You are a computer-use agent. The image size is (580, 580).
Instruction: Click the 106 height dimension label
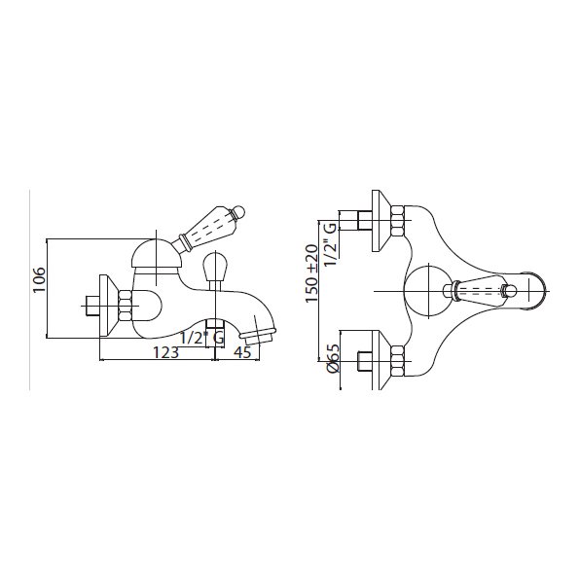[x=39, y=279]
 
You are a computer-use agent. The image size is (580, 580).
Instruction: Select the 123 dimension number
[x=166, y=352]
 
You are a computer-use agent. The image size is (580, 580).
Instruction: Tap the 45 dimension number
[x=242, y=352]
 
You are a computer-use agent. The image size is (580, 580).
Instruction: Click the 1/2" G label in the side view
[x=202, y=338]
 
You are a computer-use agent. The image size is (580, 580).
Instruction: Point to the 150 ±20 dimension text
[x=311, y=273]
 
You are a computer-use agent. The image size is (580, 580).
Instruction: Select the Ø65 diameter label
[x=333, y=358]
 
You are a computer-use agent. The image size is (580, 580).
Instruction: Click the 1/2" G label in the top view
[x=330, y=243]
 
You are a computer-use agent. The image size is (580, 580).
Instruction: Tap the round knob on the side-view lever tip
[x=238, y=212]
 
